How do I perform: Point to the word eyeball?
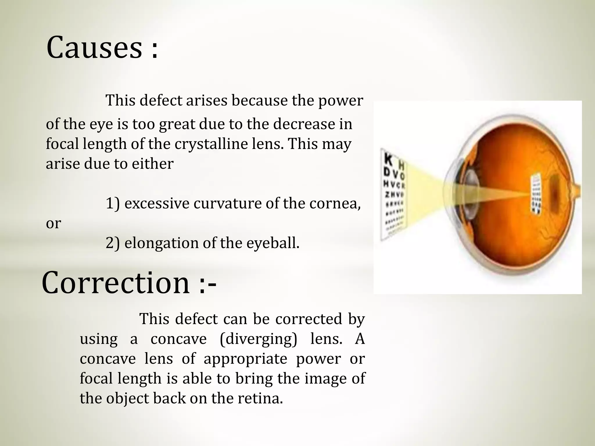click(x=273, y=243)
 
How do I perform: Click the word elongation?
click(x=161, y=243)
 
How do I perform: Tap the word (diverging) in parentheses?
click(x=258, y=339)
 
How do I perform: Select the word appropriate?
click(x=245, y=359)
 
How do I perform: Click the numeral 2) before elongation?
click(x=112, y=243)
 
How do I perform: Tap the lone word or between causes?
click(x=53, y=223)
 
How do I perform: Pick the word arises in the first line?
click(x=206, y=101)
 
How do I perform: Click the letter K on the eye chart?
click(x=388, y=160)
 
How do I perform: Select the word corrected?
click(x=309, y=319)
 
